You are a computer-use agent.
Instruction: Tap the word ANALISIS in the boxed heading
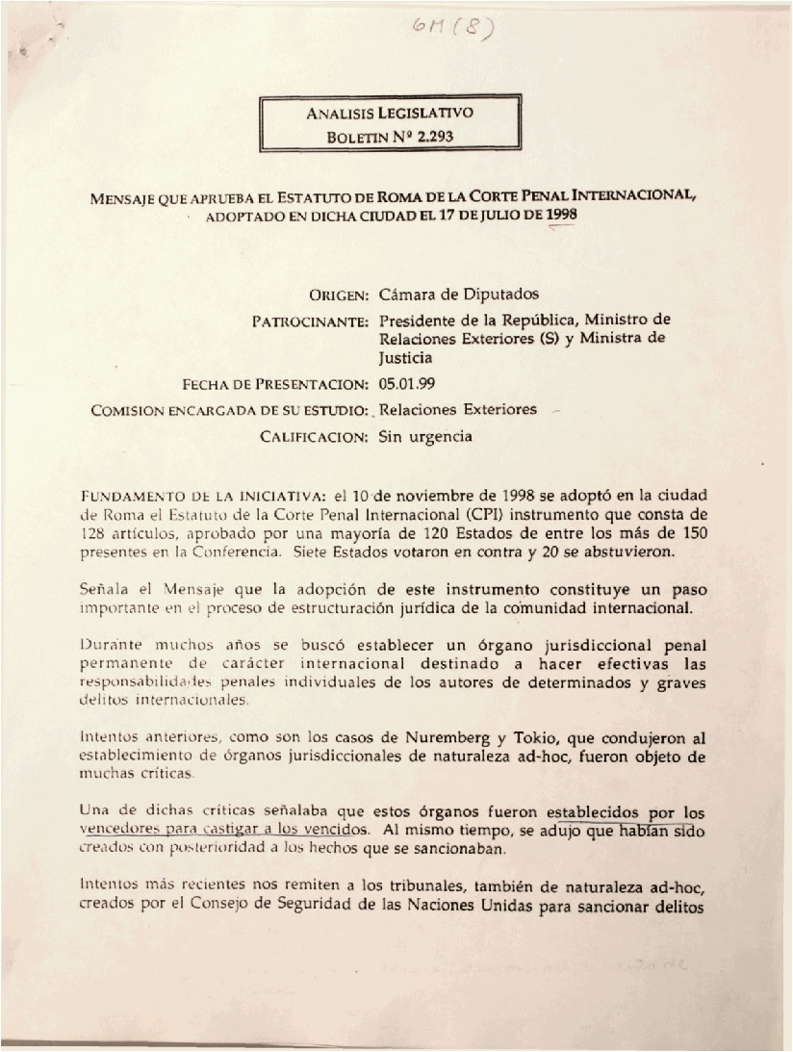tap(339, 113)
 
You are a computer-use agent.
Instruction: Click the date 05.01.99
tap(408, 384)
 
